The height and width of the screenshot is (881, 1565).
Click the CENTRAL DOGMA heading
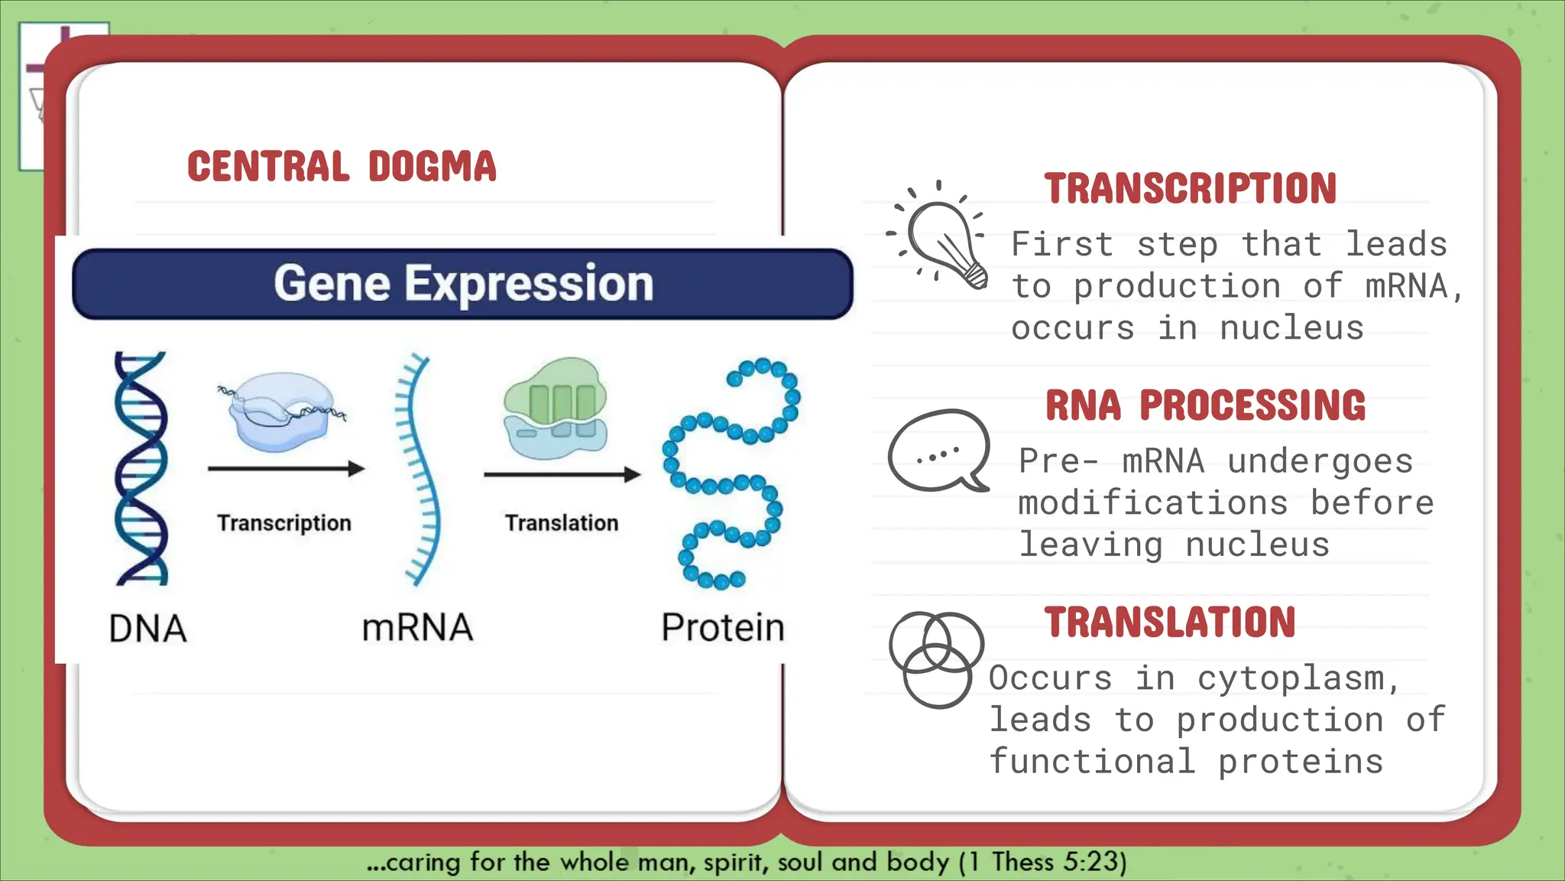(342, 166)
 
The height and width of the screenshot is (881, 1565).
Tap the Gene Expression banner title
(463, 284)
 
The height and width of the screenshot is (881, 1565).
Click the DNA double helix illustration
(141, 468)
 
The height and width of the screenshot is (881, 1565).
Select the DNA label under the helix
(147, 629)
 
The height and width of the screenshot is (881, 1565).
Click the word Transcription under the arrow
(284, 523)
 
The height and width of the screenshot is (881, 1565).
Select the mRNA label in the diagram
(417, 628)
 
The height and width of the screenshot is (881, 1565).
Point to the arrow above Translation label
(562, 475)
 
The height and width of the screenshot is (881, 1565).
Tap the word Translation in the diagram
(562, 523)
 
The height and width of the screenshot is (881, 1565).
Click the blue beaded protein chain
(730, 474)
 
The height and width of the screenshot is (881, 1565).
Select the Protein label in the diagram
(722, 628)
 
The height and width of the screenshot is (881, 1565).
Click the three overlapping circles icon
(936, 658)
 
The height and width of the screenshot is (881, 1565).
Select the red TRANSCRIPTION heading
(1190, 189)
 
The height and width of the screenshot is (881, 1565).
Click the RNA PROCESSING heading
(1205, 405)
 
